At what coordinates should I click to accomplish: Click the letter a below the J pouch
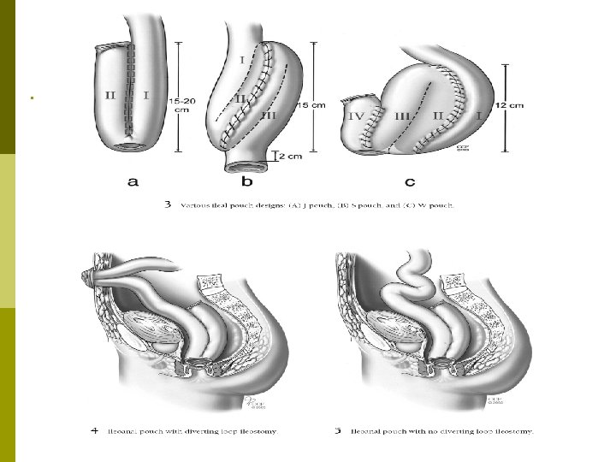click(133, 182)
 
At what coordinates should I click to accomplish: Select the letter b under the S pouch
click(247, 182)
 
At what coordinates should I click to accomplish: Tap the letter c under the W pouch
click(412, 182)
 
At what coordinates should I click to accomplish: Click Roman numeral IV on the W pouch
click(358, 113)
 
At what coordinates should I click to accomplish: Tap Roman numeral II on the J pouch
click(110, 96)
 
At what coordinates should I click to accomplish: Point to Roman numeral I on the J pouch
click(146, 96)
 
